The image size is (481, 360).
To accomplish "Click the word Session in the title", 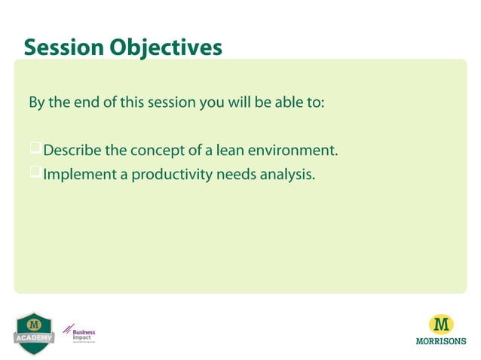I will pos(64,47).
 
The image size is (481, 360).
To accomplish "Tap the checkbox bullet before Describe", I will pos(35,149).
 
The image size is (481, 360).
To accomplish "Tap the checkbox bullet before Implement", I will pos(35,173).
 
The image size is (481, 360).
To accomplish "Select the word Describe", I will pos(73,151).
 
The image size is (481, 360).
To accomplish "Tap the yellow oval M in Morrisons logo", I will pos(441,325).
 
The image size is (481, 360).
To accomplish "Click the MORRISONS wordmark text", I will pos(441,340).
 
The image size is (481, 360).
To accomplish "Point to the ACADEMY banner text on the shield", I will pos(34,337).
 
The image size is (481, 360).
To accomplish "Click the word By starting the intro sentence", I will pos(37,102).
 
